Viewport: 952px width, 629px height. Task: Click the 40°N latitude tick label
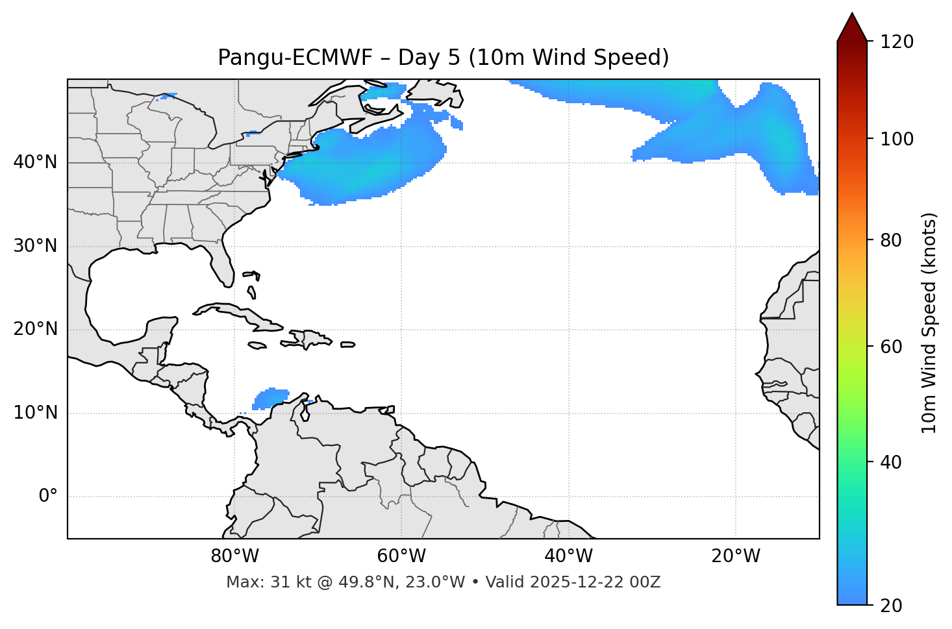[x=35, y=162]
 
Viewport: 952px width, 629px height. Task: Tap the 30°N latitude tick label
[x=35, y=246]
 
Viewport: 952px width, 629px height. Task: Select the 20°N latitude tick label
[x=35, y=329]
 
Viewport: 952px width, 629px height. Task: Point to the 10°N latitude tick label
[x=35, y=413]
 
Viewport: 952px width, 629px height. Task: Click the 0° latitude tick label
[x=48, y=497]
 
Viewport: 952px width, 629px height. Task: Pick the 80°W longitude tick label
[x=234, y=556]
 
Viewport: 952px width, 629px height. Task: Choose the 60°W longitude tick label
[x=401, y=556]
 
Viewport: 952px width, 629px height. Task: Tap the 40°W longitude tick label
[x=568, y=556]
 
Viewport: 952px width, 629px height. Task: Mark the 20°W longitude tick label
[x=735, y=556]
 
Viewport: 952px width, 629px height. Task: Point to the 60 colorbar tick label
[x=892, y=347]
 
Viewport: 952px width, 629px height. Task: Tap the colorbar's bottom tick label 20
[x=892, y=606]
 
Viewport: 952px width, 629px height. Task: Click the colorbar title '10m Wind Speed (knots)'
[x=929, y=323]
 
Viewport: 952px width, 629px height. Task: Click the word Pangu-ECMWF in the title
[x=295, y=58]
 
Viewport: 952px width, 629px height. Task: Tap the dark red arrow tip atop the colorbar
[x=851, y=25]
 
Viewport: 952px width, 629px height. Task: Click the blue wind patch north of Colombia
[x=270, y=397]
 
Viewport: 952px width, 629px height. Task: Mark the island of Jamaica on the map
[x=257, y=345]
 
